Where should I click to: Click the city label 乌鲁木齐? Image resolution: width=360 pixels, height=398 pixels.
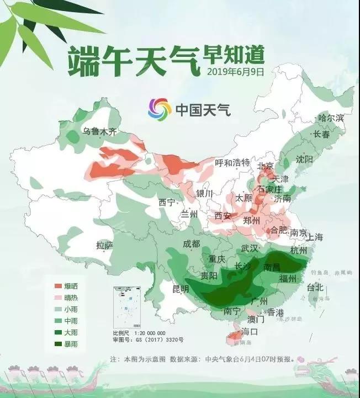[100, 131]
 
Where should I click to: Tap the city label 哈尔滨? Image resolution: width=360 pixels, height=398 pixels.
[331, 118]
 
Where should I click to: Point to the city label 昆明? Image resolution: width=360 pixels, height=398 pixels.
[181, 289]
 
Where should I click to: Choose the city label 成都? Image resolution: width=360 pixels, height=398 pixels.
[192, 244]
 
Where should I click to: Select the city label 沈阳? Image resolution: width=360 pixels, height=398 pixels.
[304, 159]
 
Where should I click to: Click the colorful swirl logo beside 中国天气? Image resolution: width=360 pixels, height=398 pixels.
[160, 109]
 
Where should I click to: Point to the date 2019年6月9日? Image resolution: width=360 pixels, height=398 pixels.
[236, 72]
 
